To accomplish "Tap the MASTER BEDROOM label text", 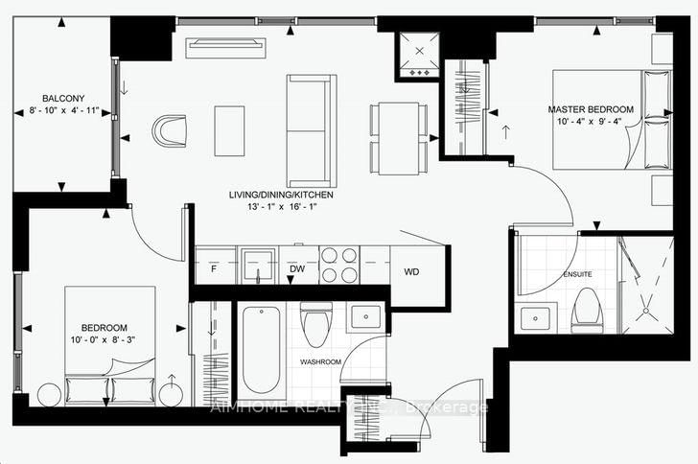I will (592, 109).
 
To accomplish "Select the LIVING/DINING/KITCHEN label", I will (280, 195).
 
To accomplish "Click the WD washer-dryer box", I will (411, 271).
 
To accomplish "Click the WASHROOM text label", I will (319, 361).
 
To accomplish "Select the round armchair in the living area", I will (174, 130).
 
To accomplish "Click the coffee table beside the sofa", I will (229, 130).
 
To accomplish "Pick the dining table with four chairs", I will (397, 138).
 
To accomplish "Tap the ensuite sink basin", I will (537, 315).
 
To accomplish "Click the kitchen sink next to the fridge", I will (256, 265).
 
